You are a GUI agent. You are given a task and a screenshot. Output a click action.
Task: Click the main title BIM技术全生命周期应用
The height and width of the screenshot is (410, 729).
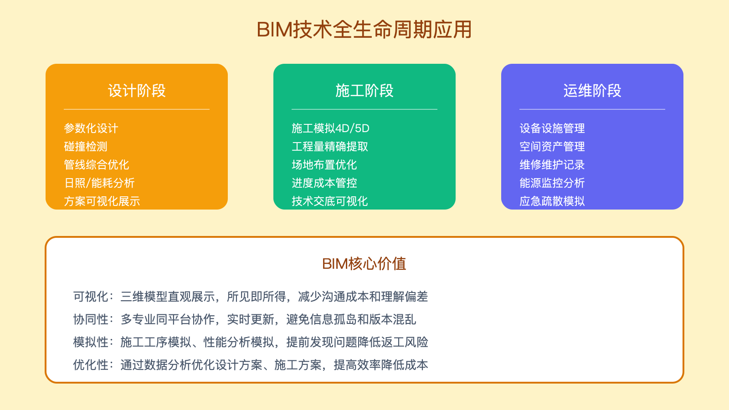(364, 30)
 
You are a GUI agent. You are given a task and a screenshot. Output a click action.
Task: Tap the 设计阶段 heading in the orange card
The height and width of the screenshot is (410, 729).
(137, 91)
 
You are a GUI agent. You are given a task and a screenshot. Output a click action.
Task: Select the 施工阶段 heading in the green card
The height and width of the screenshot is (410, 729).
(364, 91)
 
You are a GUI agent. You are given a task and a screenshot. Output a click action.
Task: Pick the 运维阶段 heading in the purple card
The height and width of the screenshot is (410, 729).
(592, 91)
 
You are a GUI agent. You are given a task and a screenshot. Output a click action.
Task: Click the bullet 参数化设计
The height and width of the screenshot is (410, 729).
(91, 128)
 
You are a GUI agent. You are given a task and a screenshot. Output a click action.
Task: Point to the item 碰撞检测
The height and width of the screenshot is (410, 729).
(86, 147)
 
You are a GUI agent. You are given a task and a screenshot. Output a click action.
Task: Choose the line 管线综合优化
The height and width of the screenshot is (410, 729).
(97, 165)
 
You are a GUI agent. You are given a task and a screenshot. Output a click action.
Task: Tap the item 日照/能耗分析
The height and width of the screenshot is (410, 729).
(99, 183)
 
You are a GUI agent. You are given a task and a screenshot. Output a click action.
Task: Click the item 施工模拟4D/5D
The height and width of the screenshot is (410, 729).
(330, 128)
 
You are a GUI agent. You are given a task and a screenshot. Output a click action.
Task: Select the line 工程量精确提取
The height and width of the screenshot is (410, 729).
(330, 147)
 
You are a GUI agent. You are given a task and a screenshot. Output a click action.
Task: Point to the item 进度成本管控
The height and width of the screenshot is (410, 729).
(324, 183)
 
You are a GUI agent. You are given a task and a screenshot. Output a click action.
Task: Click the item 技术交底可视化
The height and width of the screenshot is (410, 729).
(330, 201)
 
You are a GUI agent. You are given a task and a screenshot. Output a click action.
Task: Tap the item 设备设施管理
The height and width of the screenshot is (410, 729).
(552, 128)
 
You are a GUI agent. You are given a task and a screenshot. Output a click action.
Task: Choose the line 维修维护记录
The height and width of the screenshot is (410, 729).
(552, 165)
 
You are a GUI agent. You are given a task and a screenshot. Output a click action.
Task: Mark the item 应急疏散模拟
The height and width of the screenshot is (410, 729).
(552, 201)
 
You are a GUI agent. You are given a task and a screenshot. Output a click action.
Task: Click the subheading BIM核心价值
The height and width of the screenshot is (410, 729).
(364, 264)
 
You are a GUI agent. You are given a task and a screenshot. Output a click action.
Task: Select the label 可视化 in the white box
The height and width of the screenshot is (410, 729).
(91, 297)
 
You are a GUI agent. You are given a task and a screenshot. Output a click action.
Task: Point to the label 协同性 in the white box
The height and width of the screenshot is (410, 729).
(91, 319)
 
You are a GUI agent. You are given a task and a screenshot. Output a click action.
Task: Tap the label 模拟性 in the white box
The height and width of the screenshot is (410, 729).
(91, 342)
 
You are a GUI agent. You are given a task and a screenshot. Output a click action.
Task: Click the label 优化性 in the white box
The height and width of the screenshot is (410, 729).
(91, 365)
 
